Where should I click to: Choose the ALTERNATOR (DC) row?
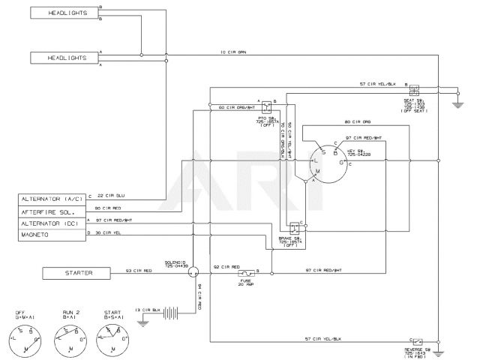coord(51,223)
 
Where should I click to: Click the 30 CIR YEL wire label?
coord(109,232)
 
